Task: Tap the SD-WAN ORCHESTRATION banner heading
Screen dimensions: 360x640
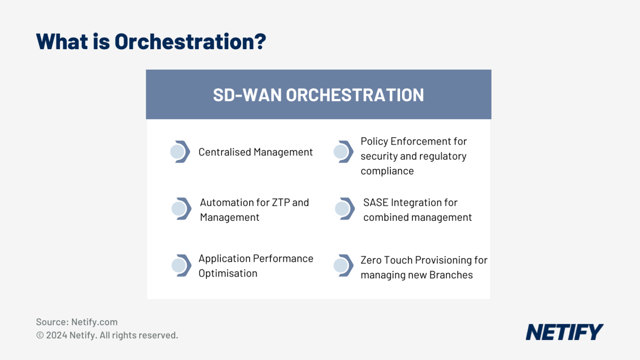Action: coord(318,95)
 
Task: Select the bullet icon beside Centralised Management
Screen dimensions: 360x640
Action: coord(180,152)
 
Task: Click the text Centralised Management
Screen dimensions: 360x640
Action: coord(255,152)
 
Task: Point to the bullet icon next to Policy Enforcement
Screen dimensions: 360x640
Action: coord(343,152)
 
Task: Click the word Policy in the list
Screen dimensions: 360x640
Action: coord(374,141)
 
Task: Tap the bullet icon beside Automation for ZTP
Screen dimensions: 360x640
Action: coord(181,209)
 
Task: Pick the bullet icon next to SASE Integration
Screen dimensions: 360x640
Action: coord(345,209)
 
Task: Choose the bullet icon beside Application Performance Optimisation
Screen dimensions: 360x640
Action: coord(181,265)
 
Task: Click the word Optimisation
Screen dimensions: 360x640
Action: coord(228,273)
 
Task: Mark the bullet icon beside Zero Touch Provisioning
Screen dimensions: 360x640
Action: coord(343,265)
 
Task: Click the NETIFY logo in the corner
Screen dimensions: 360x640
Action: coord(564,332)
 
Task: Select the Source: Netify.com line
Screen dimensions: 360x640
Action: coord(77,322)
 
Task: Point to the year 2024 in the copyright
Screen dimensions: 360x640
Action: coord(57,335)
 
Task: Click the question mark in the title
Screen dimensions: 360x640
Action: coord(259,42)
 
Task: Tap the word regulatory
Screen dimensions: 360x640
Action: coord(443,156)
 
